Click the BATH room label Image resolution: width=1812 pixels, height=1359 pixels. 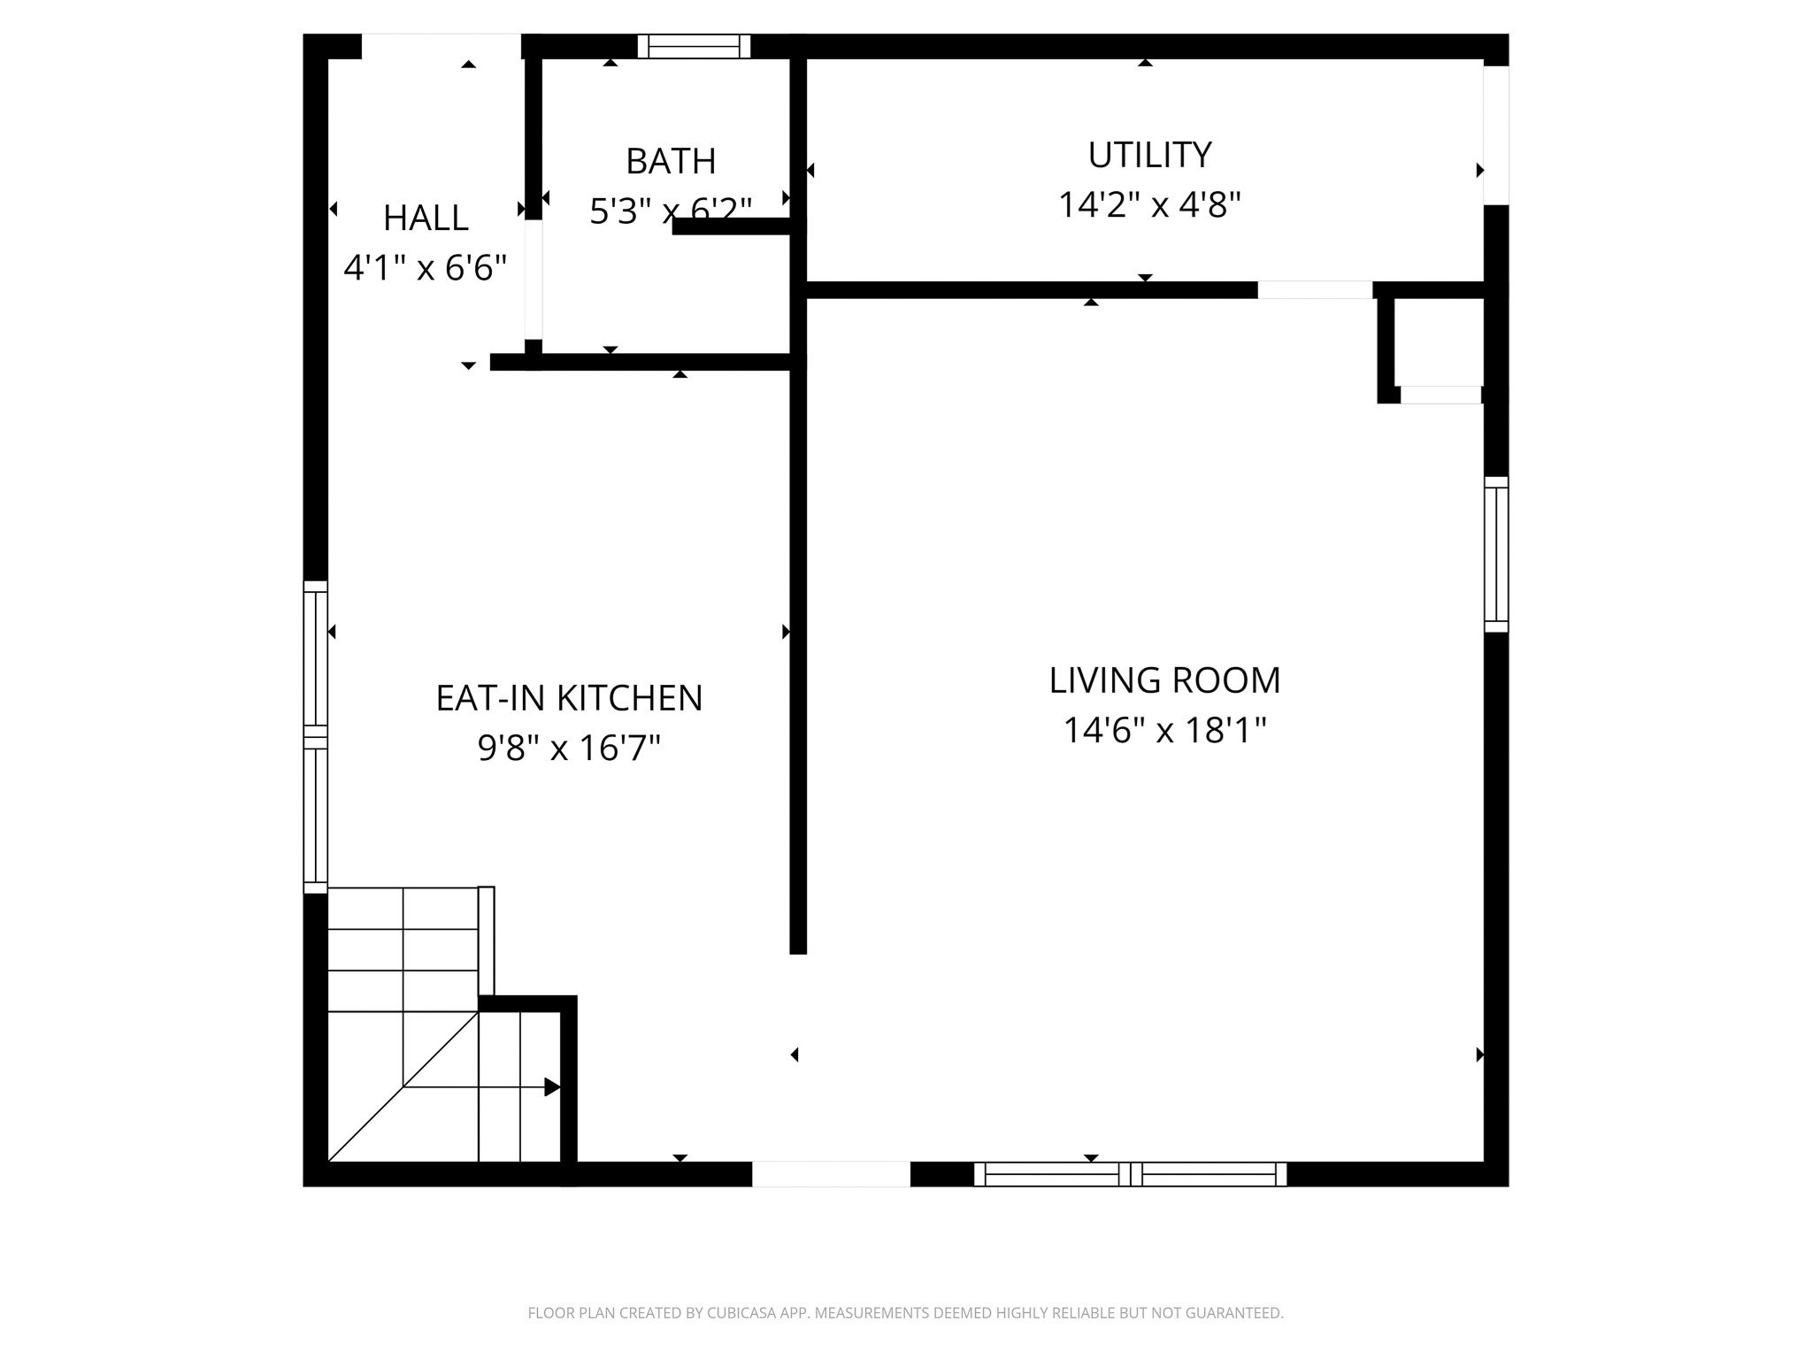tap(671, 161)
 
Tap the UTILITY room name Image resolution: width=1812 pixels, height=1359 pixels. tap(1148, 155)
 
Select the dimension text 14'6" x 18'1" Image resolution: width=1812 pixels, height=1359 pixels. tap(1164, 731)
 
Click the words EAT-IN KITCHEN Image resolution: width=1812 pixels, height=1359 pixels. tap(569, 698)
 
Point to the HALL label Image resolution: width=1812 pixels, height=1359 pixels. tap(426, 218)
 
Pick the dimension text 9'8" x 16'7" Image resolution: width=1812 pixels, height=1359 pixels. tap(569, 749)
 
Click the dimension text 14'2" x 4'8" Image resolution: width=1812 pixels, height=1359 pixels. tap(1149, 205)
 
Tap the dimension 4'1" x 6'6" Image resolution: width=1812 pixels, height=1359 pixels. tap(426, 267)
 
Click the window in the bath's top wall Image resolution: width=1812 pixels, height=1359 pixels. tap(694, 46)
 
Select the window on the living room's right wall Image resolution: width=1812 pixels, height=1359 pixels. tap(1495, 554)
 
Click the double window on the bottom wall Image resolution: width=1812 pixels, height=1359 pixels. tap(1130, 1174)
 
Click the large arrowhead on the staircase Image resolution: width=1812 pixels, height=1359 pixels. tap(552, 1086)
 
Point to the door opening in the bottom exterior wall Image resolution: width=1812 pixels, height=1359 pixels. tap(831, 1174)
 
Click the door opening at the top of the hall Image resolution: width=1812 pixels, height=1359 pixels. tap(441, 46)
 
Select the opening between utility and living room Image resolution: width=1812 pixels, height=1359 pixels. tap(1315, 290)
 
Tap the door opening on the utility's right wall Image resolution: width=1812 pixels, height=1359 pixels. tap(1495, 134)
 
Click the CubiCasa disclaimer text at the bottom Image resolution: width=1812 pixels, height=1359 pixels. tap(905, 1313)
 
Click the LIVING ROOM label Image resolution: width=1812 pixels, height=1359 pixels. tap(1164, 680)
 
